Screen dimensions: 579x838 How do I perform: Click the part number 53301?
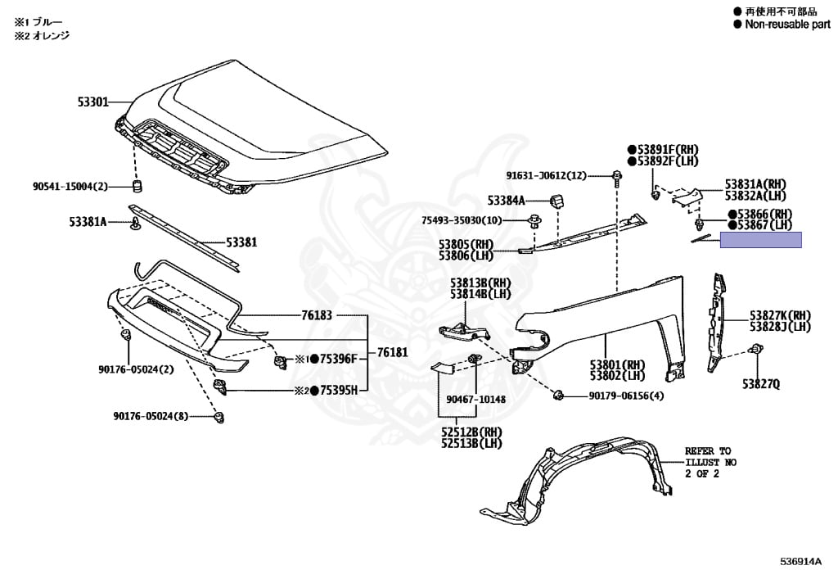click(92, 102)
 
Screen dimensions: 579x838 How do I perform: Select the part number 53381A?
click(88, 221)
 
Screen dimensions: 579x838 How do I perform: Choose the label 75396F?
click(340, 359)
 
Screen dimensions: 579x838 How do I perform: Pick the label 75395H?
click(339, 391)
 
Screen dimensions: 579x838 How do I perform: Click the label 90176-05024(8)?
click(151, 416)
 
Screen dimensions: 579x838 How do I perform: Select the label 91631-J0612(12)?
click(546, 175)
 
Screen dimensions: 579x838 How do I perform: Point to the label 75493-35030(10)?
click(462, 220)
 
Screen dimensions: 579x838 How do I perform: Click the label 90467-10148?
click(475, 400)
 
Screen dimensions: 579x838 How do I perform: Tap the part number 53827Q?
click(761, 383)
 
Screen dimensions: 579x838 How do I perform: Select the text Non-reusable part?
click(786, 25)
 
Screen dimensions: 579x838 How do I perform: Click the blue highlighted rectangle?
click(760, 240)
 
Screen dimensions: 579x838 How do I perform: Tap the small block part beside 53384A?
click(557, 201)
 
